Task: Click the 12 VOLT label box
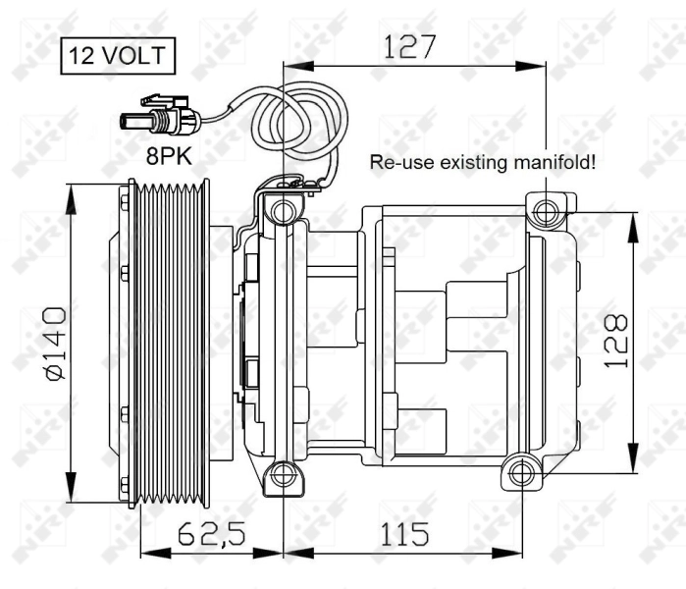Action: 120,56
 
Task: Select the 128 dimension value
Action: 616,341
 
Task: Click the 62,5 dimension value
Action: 211,534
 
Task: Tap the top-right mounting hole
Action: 546,207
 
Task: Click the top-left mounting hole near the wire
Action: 283,210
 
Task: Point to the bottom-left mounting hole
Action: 283,475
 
